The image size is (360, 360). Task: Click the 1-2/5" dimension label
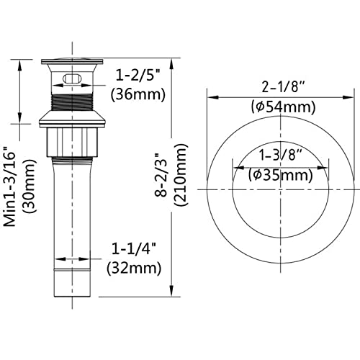138,75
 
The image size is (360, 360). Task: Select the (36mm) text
138,94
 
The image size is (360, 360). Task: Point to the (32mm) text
134,268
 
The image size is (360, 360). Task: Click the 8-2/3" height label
161,175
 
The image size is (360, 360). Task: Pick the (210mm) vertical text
181,175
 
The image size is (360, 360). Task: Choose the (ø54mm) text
283,107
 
